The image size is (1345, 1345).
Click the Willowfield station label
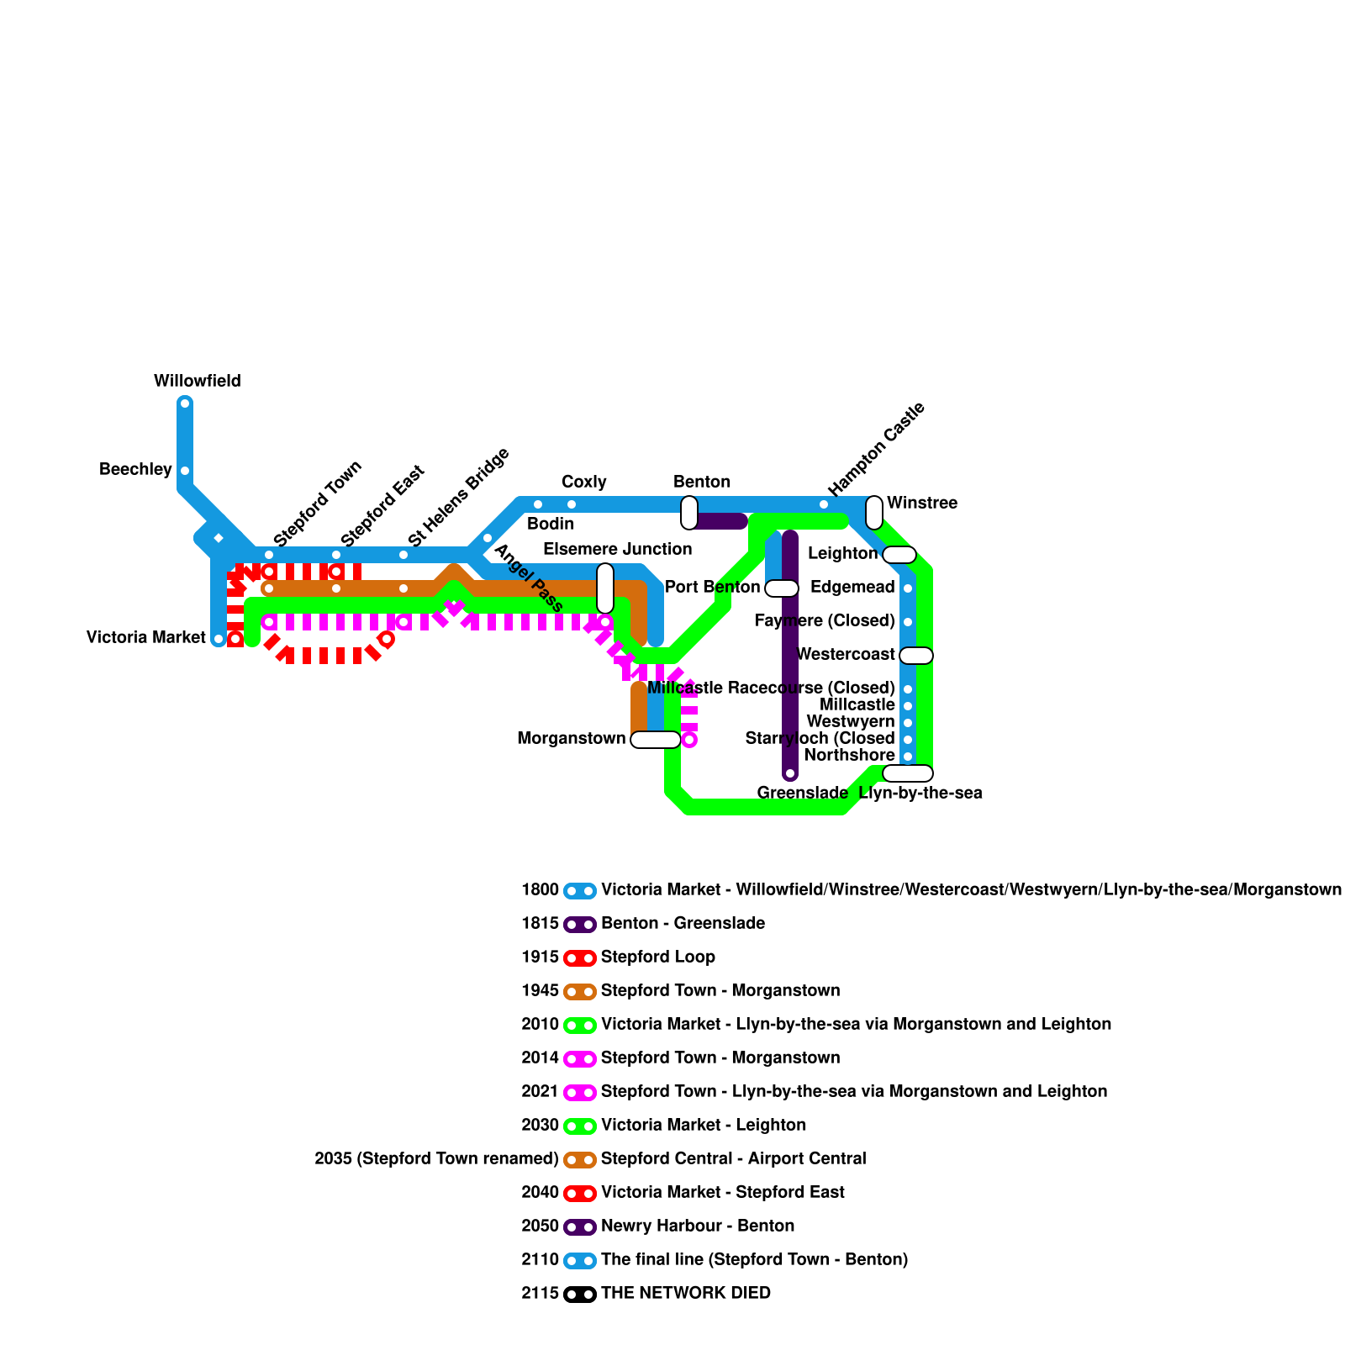pos(197,382)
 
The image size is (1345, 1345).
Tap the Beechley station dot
pos(185,471)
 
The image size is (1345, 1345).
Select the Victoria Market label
pos(145,638)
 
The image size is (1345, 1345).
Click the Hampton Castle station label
pos(876,449)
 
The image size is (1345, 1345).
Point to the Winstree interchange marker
pos(874,513)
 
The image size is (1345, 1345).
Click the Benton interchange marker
pos(689,513)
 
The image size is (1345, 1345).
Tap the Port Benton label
pos(712,588)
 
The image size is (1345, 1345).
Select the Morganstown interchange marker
pos(656,740)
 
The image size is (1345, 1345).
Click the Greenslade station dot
pos(790,773)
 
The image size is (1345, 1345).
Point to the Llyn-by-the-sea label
pos(920,794)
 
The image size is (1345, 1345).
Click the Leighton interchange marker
pos(899,555)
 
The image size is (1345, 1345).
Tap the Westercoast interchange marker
pos(916,656)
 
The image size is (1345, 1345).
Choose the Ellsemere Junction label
pos(617,550)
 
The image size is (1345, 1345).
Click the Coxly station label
pos(583,483)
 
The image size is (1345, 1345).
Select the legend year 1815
pos(540,924)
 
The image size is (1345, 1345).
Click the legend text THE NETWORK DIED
pos(686,1294)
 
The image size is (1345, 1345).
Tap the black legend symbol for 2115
pos(580,1295)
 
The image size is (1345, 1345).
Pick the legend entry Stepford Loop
pos(658,957)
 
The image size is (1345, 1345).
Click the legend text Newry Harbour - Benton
pos(698,1226)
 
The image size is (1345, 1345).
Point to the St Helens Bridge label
pos(458,497)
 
